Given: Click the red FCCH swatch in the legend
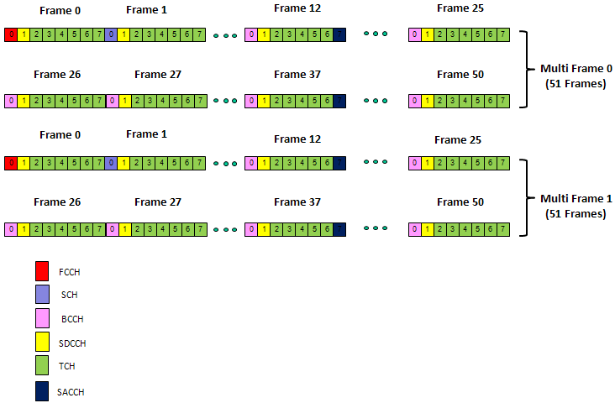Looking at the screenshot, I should [42, 271].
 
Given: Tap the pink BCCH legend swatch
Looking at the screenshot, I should [42, 319].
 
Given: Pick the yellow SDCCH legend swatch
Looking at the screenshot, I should [42, 343].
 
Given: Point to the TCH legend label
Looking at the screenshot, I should [68, 367].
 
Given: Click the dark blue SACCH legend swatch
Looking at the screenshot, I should [42, 391].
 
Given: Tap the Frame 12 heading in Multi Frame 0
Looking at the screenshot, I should [297, 8].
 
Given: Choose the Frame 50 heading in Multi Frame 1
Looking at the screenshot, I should [459, 202].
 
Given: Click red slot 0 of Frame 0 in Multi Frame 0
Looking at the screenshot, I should [10, 34].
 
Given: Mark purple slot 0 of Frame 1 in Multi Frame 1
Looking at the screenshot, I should [111, 162].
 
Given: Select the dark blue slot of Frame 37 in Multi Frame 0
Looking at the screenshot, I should [339, 101].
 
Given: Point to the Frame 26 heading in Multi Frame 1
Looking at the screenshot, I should [55, 202].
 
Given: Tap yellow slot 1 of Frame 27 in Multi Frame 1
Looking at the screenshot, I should [124, 228].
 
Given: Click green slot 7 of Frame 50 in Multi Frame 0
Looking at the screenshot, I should [502, 101].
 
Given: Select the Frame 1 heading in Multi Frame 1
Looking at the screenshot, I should [146, 134].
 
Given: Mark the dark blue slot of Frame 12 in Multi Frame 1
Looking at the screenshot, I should [339, 162].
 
